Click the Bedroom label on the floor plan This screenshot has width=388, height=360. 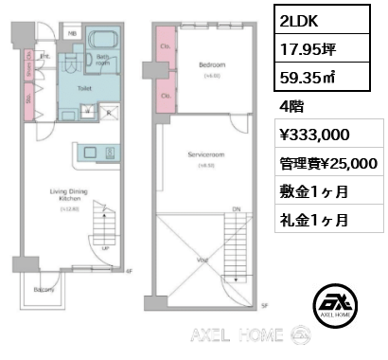[x=211, y=64]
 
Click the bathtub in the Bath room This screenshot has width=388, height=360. [x=102, y=43]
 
